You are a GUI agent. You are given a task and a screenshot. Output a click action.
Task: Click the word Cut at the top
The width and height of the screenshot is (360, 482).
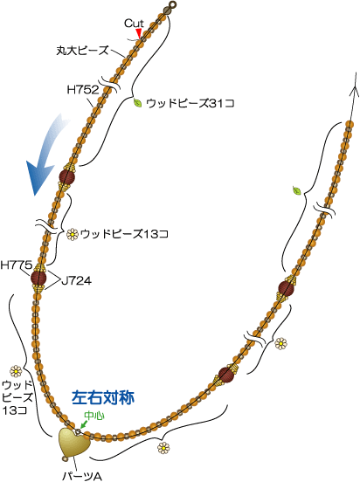tap(134, 24)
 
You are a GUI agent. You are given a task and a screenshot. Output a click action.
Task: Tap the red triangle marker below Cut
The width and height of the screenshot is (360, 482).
tap(139, 33)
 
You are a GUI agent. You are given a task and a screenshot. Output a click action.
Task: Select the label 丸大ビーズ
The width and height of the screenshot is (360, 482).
tap(83, 50)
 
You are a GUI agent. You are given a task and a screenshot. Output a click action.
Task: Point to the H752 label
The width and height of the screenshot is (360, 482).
tap(83, 90)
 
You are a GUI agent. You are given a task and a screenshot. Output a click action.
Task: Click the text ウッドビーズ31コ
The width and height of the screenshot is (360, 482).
tap(190, 103)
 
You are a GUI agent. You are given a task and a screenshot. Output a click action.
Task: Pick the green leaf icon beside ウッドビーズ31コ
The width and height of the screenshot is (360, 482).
tap(137, 103)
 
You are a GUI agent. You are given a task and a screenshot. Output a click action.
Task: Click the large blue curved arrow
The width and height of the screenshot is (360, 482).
tap(48, 154)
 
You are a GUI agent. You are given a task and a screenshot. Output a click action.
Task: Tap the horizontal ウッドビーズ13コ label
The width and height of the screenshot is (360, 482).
tap(124, 235)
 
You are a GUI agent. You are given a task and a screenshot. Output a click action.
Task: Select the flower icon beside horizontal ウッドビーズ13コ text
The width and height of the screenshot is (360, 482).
tap(73, 235)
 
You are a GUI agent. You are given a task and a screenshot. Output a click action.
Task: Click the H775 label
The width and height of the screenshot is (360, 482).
tap(16, 265)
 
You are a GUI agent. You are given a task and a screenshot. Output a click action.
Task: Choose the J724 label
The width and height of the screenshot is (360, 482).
tap(76, 280)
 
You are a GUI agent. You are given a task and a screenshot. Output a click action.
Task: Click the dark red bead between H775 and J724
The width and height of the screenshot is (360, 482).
tap(38, 278)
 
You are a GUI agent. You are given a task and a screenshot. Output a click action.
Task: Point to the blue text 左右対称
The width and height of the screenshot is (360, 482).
tap(103, 397)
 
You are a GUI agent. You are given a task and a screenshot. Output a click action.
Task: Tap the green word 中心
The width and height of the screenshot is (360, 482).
tap(94, 416)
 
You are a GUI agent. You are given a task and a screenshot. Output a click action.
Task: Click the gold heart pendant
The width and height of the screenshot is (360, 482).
tap(74, 443)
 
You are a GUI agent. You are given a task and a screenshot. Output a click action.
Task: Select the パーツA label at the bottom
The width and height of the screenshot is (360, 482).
tap(82, 477)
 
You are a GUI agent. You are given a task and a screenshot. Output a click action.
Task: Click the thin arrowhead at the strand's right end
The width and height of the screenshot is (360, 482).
tap(356, 90)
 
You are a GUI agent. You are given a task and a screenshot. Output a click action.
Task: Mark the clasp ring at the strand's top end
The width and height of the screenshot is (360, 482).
tap(173, 4)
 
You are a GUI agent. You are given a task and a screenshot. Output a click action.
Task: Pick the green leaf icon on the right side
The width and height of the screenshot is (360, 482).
tap(297, 190)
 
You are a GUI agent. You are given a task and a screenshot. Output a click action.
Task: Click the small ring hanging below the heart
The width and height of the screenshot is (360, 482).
tap(66, 459)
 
